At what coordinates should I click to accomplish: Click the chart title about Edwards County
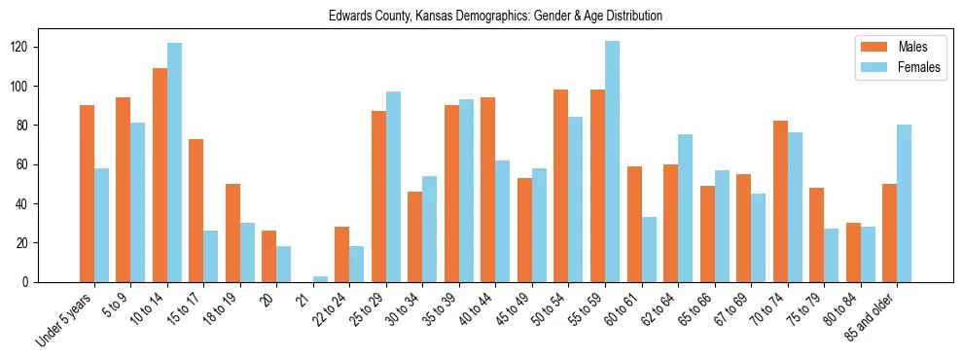tap(495, 17)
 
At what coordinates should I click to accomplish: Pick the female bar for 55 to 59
tap(612, 162)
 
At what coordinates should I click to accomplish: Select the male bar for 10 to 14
tap(160, 175)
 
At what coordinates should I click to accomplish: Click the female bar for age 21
tap(320, 279)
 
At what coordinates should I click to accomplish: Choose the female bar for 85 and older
tap(904, 203)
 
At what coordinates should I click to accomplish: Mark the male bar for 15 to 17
tap(196, 210)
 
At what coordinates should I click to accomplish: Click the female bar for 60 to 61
tap(649, 249)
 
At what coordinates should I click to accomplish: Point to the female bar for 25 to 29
tap(393, 187)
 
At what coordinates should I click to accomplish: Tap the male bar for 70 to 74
tap(780, 201)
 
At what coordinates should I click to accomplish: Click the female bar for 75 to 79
tap(831, 255)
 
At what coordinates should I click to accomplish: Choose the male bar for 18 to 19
tap(232, 233)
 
